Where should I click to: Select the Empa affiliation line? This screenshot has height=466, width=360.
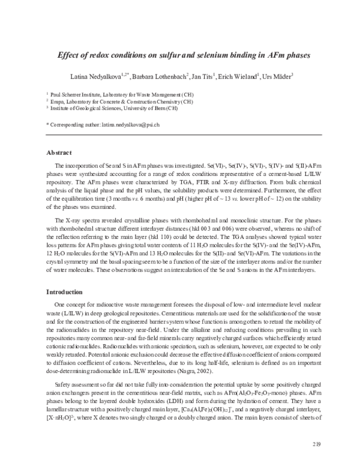(113, 101)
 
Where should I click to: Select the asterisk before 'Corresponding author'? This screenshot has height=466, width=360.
(47, 123)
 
